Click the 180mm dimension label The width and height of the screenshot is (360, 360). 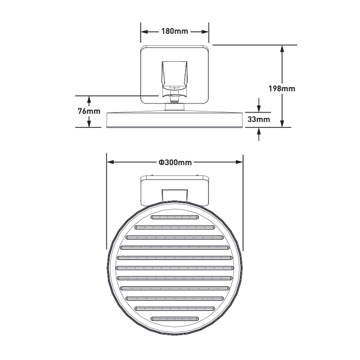click(x=175, y=31)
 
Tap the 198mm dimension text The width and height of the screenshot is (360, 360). click(x=282, y=89)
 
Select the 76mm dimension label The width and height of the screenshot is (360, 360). click(x=89, y=111)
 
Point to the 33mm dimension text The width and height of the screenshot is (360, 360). click(x=259, y=119)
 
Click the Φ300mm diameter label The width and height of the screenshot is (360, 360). click(x=175, y=162)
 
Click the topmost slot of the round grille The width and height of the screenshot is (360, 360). click(x=175, y=217)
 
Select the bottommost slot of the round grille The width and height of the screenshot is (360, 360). click(x=175, y=319)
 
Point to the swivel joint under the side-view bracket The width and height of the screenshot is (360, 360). click(x=174, y=99)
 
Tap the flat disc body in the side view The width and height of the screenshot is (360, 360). click(x=175, y=120)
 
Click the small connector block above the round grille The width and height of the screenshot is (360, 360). click(x=175, y=195)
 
